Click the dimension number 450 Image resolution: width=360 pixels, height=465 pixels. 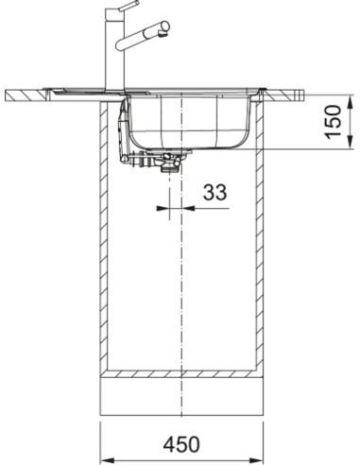click(181, 444)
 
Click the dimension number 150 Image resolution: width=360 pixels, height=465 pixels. click(334, 122)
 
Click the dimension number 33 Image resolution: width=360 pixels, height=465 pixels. click(214, 193)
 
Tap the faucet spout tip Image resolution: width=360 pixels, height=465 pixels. click(165, 31)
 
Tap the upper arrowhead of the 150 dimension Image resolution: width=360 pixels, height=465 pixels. click(351, 102)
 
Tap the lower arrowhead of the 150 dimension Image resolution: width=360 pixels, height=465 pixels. click(351, 141)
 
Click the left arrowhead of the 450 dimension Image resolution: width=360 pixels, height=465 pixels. click(107, 459)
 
